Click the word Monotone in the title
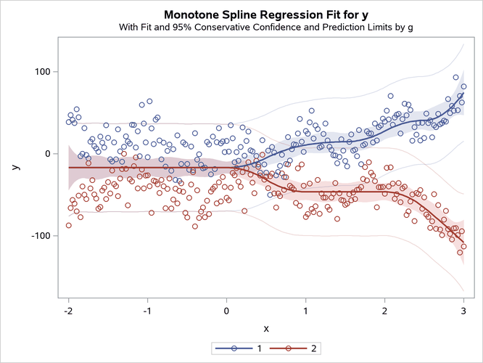tap(191, 15)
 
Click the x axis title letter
tap(265, 328)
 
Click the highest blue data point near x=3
tap(456, 77)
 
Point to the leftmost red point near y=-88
tap(69, 225)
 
